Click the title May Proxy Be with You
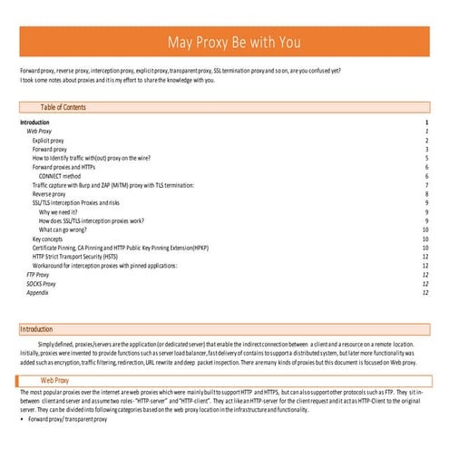(x=233, y=44)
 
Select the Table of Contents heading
(x=63, y=107)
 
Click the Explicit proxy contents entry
(x=48, y=142)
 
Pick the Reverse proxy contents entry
(x=49, y=194)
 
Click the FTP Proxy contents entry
(x=37, y=274)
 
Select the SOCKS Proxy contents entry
(x=41, y=283)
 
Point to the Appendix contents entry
(x=37, y=292)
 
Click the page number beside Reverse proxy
(x=425, y=194)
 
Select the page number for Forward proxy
(x=425, y=150)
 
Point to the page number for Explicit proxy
(x=425, y=142)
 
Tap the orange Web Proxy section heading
(x=55, y=380)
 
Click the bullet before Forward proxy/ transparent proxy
(x=23, y=421)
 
